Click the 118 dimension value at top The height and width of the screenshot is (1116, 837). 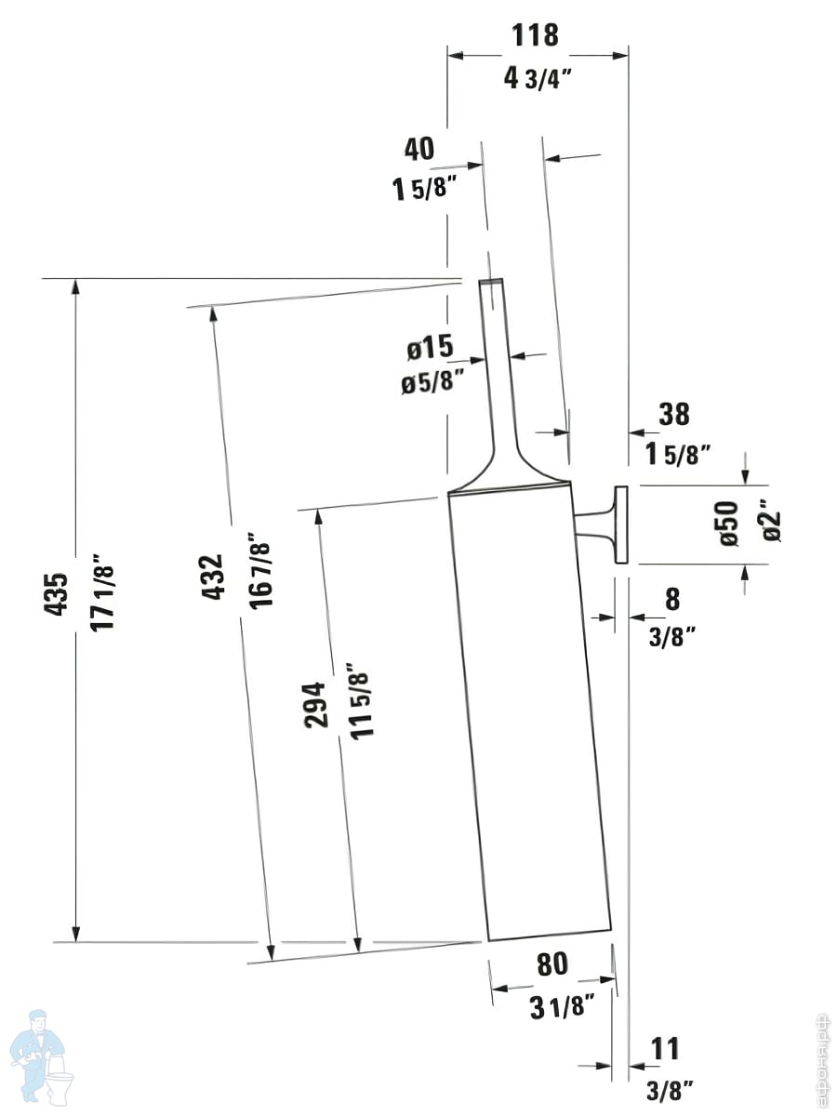click(x=535, y=35)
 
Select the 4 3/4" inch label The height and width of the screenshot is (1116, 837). click(x=538, y=78)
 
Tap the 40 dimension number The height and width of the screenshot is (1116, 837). click(x=419, y=149)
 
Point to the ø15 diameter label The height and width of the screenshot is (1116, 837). click(x=430, y=347)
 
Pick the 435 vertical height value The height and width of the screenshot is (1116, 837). click(x=56, y=594)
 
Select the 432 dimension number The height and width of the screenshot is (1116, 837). click(x=212, y=578)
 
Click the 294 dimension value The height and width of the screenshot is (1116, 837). click(x=315, y=705)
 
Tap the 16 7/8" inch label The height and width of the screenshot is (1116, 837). click(x=260, y=570)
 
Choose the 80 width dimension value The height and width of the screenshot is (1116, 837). click(x=552, y=964)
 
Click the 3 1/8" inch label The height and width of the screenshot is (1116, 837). click(x=562, y=1007)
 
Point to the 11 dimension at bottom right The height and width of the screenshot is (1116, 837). click(x=665, y=1048)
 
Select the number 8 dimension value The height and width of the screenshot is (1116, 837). click(x=672, y=599)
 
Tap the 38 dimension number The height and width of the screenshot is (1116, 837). click(x=674, y=414)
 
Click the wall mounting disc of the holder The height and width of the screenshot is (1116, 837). click(x=621, y=525)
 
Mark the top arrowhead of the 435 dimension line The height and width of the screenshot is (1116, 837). click(x=75, y=286)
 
